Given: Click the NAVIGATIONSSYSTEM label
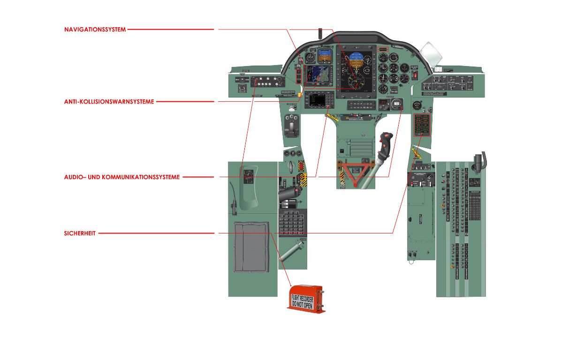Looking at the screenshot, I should tap(95, 30).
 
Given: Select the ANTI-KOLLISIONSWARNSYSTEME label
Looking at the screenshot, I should tap(109, 102).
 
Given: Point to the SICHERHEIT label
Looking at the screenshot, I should tap(80, 233).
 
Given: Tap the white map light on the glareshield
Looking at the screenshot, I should tap(431, 53).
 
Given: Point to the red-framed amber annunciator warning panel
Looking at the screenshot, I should tap(421, 124).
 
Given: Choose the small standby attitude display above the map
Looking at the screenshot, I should tap(324, 56).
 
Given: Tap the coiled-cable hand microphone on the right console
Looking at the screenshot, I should tap(479, 162).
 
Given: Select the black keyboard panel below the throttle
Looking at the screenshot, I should tap(292, 223).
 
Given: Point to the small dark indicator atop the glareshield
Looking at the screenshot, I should tap(320, 33).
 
